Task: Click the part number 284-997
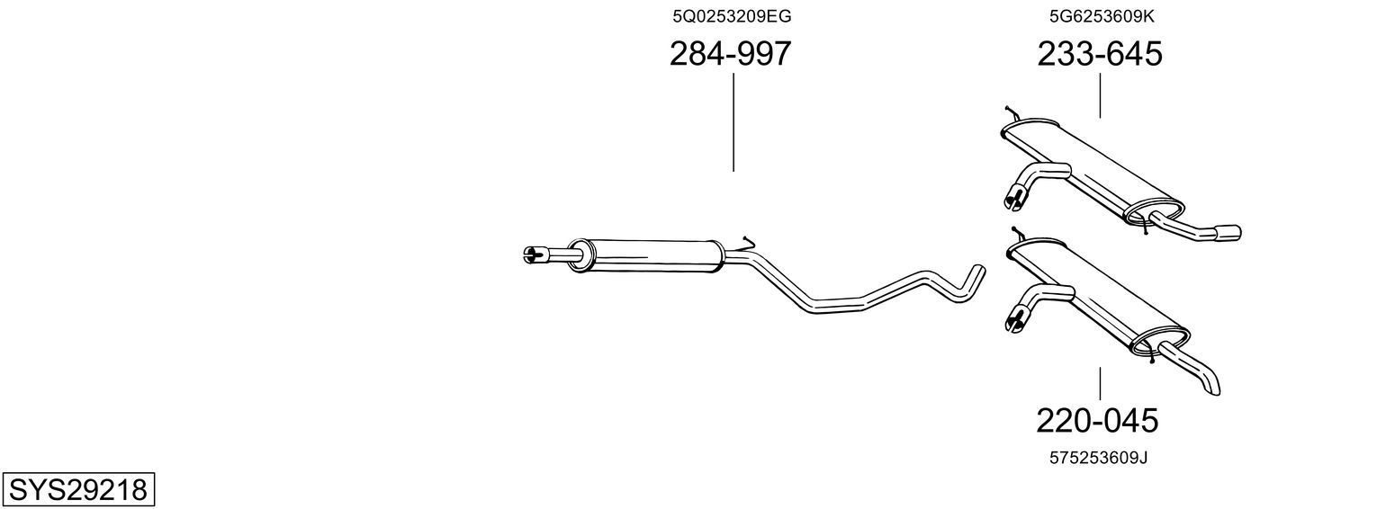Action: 730,53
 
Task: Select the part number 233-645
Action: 1100,53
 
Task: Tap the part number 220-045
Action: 1097,421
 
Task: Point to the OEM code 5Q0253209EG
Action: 732,16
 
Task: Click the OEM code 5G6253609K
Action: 1102,16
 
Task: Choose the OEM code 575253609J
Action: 1099,458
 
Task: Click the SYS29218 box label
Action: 78,489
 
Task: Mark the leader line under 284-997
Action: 733,122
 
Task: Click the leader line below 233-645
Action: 1100,96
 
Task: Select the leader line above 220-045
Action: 1100,384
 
